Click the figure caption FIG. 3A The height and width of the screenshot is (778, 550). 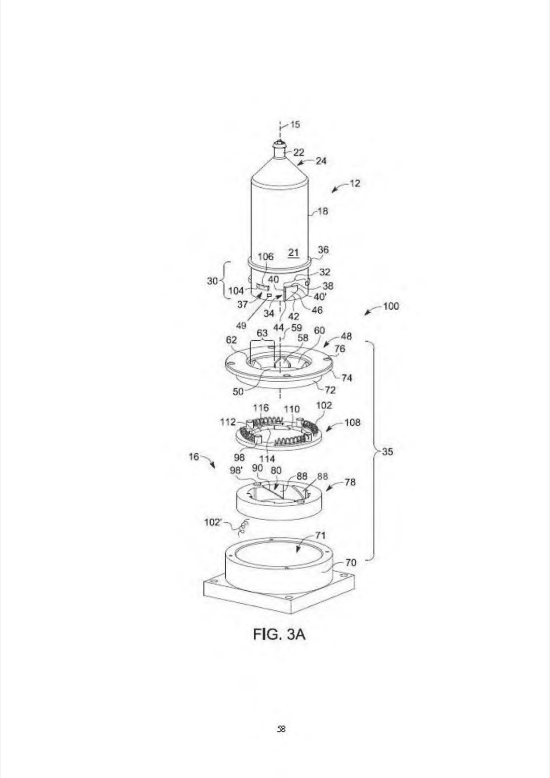click(279, 634)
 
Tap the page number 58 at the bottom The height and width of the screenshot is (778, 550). click(281, 729)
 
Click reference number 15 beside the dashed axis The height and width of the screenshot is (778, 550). click(295, 124)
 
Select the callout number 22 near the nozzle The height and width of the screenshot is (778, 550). click(298, 152)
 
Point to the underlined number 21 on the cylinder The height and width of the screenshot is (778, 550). click(294, 252)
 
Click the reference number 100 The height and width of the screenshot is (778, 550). click(391, 307)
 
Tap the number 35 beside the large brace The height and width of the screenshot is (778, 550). click(388, 452)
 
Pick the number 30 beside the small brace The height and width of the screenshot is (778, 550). click(212, 281)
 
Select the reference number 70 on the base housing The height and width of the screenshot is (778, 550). click(351, 562)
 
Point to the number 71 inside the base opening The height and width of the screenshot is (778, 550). click(320, 536)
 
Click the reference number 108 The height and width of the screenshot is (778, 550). click(352, 422)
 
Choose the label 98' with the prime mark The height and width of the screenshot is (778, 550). click(237, 470)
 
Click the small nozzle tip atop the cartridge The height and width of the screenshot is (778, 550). click(280, 143)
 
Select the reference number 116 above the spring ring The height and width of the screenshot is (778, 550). click(260, 408)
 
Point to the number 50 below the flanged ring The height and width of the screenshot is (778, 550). click(238, 392)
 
